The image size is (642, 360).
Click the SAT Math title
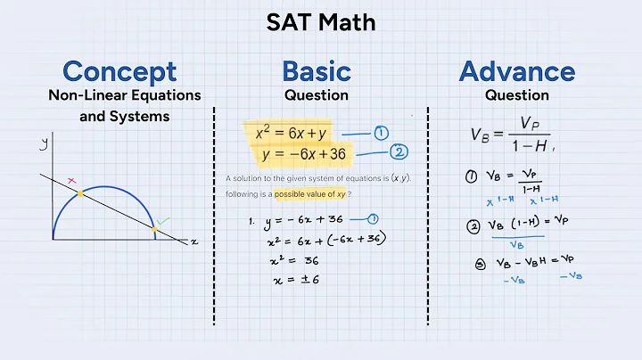(x=320, y=22)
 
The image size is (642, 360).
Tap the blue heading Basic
(x=316, y=70)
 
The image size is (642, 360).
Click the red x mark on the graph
(x=72, y=181)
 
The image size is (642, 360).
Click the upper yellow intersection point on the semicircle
(x=80, y=192)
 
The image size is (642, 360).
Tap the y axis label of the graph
(x=42, y=143)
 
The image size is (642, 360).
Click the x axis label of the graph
(x=193, y=241)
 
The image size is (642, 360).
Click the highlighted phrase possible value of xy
(x=310, y=193)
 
